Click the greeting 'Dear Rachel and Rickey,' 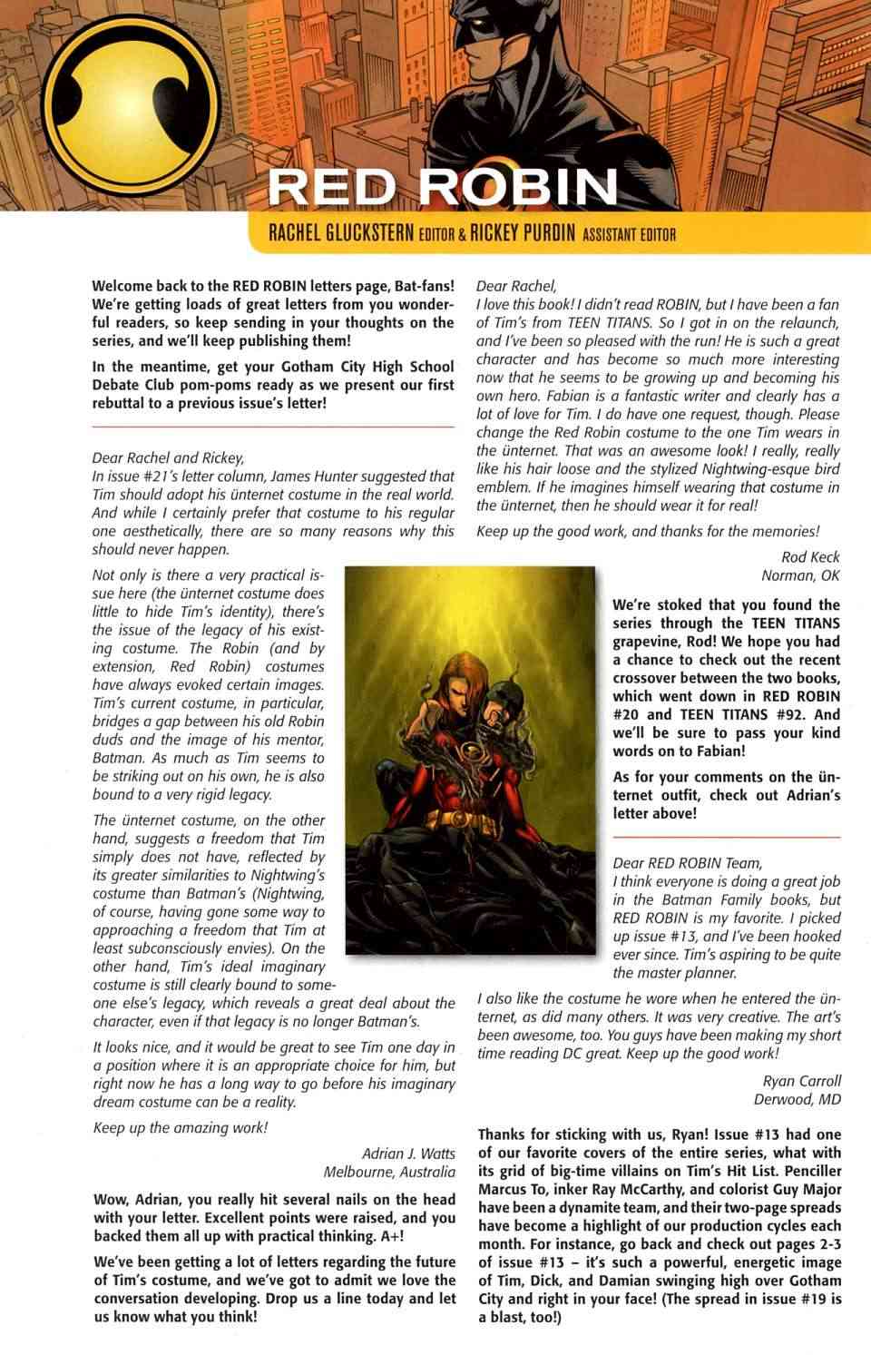pos(168,457)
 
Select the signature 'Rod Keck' pos(810,556)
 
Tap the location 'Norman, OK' pos(800,575)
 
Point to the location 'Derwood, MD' pos(797,1099)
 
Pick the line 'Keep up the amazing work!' pos(180,1128)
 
